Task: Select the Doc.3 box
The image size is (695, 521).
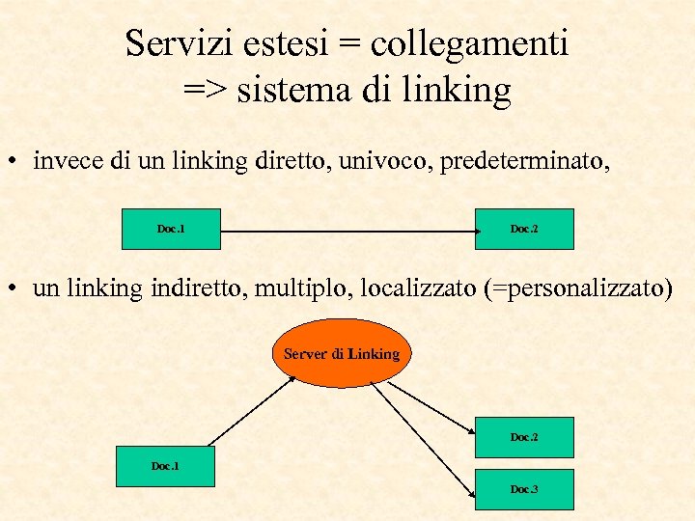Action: point(524,489)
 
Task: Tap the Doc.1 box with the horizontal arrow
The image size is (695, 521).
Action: point(171,229)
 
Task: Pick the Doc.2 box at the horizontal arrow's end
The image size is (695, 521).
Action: point(524,229)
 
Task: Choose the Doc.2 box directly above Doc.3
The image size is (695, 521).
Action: point(524,437)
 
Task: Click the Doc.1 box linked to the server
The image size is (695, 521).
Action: point(165,467)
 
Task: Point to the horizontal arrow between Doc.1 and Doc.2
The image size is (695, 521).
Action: point(347,232)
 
